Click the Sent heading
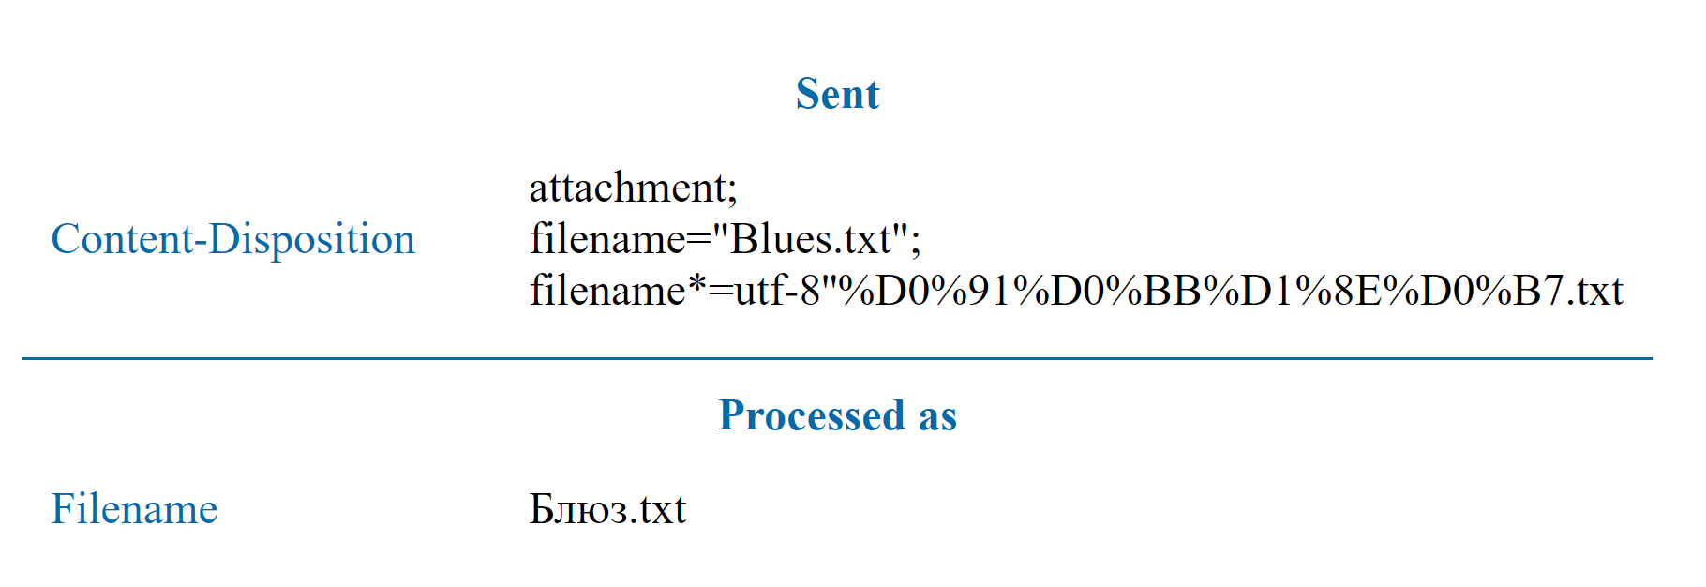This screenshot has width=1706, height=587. click(x=837, y=94)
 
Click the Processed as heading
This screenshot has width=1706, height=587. click(x=837, y=415)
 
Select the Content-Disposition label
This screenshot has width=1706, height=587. click(x=232, y=239)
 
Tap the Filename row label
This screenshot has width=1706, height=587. click(x=134, y=509)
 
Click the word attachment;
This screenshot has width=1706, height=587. click(x=633, y=188)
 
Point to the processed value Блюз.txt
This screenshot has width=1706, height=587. click(x=607, y=509)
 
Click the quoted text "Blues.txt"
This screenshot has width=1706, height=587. click(x=810, y=239)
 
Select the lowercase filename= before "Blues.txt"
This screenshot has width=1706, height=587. click(x=620, y=239)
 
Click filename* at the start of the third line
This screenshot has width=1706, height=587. click(x=617, y=291)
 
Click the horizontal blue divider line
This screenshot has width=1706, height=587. click(x=837, y=358)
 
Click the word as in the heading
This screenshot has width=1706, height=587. click(x=937, y=415)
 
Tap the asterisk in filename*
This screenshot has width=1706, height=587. click(x=696, y=282)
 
